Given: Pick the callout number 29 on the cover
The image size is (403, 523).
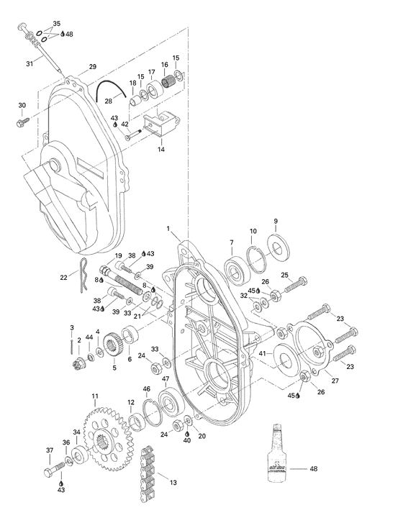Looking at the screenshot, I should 92,66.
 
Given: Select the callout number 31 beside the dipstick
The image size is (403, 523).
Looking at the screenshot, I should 30,64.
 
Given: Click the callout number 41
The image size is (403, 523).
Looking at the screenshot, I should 263,353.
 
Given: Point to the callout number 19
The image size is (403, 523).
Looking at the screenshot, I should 118,257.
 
